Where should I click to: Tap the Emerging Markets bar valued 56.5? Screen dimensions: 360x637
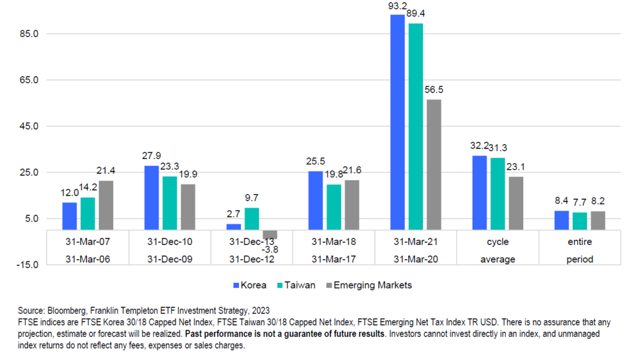point(434,164)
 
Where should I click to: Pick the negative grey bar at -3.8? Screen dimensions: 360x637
point(269,234)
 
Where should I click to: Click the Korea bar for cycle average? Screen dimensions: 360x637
point(480,192)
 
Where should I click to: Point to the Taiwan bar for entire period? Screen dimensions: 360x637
point(580,221)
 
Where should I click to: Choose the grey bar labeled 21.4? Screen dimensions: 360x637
point(106,205)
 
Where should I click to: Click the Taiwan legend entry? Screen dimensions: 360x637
point(299,285)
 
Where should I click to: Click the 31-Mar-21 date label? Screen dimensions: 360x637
point(416,241)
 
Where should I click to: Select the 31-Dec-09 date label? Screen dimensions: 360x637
point(170,259)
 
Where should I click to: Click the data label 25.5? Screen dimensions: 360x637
point(316,160)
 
